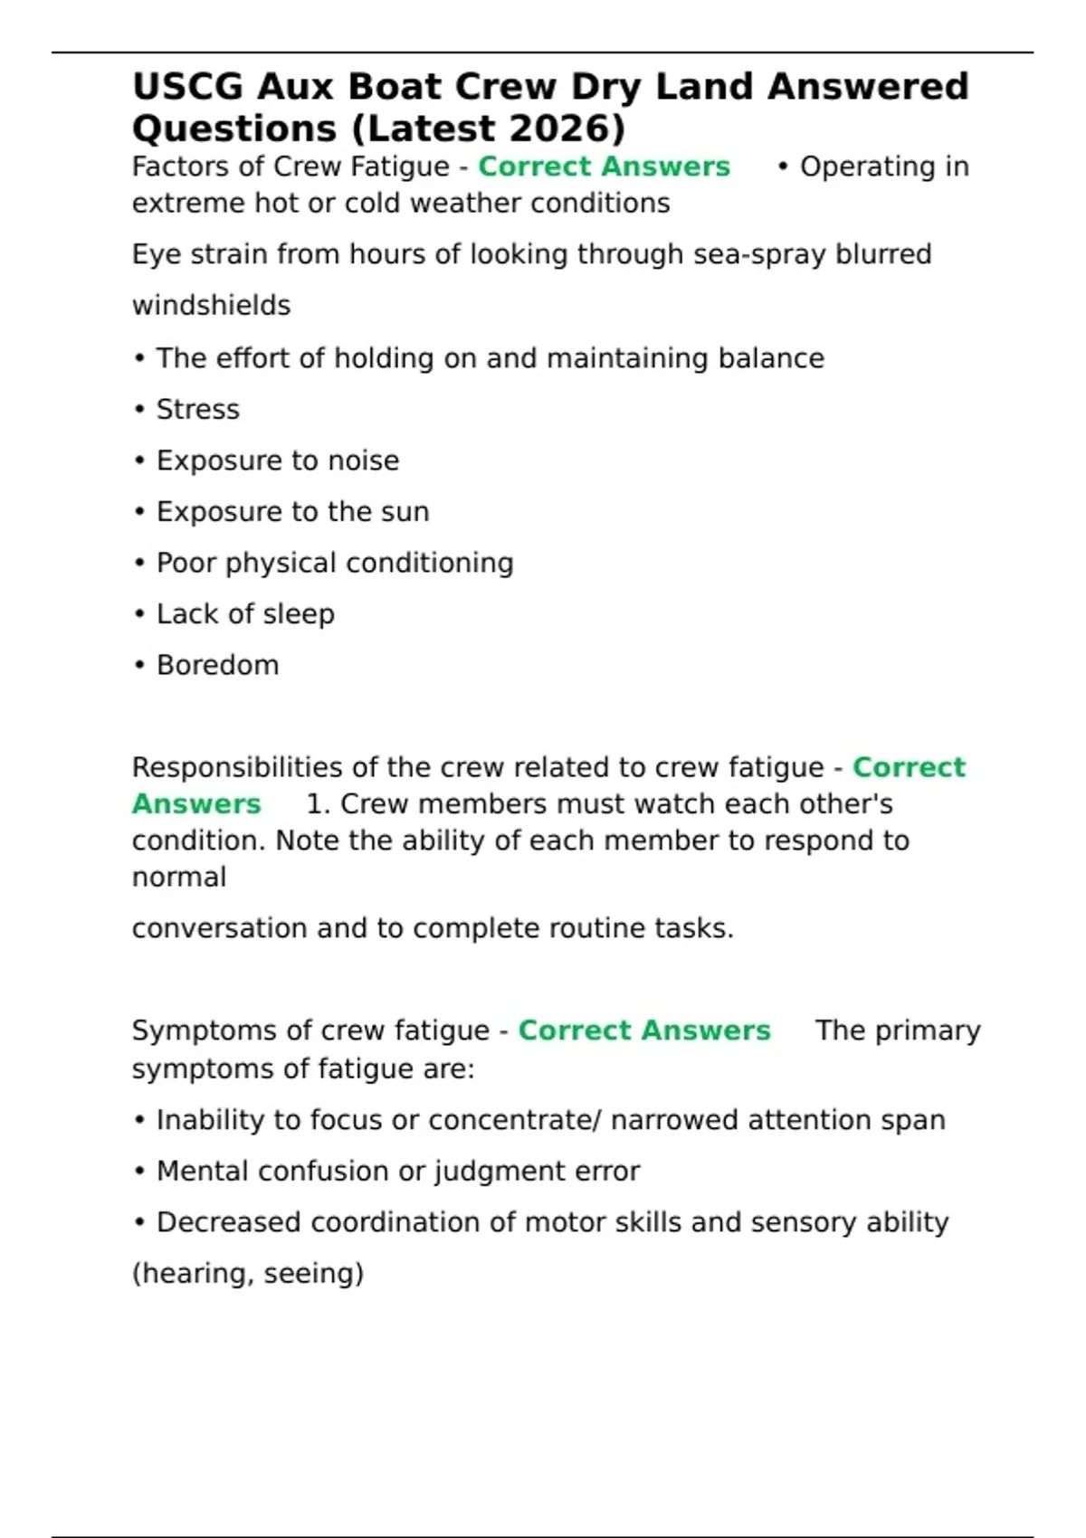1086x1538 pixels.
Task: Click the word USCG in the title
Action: tap(187, 87)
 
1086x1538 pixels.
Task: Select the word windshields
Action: tap(211, 306)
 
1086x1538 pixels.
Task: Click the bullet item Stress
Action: tap(197, 410)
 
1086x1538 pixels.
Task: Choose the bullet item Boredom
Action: tap(217, 665)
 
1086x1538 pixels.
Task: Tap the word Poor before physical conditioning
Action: tap(186, 563)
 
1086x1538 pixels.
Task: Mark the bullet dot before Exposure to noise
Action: tap(139, 461)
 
